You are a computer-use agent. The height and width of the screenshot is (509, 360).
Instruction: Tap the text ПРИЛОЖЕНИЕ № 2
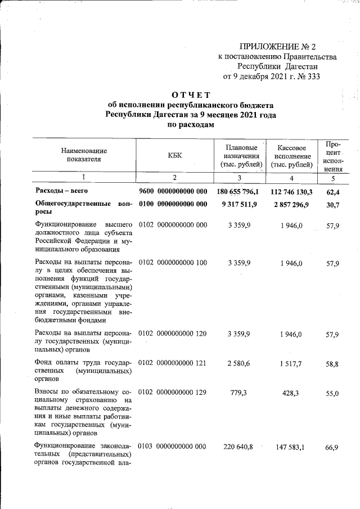(278, 46)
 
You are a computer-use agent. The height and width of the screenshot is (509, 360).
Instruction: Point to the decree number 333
(312, 77)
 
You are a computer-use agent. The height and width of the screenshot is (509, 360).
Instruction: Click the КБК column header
(174, 155)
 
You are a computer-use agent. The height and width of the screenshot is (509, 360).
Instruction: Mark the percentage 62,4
(332, 192)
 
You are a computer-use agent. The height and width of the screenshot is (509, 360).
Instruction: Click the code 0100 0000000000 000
(173, 204)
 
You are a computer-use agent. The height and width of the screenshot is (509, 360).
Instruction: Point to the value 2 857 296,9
(291, 204)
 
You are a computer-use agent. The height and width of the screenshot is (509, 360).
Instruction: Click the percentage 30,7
(332, 204)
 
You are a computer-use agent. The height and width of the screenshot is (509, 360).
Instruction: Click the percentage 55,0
(332, 394)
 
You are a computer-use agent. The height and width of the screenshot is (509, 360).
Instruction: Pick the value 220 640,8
(238, 447)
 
